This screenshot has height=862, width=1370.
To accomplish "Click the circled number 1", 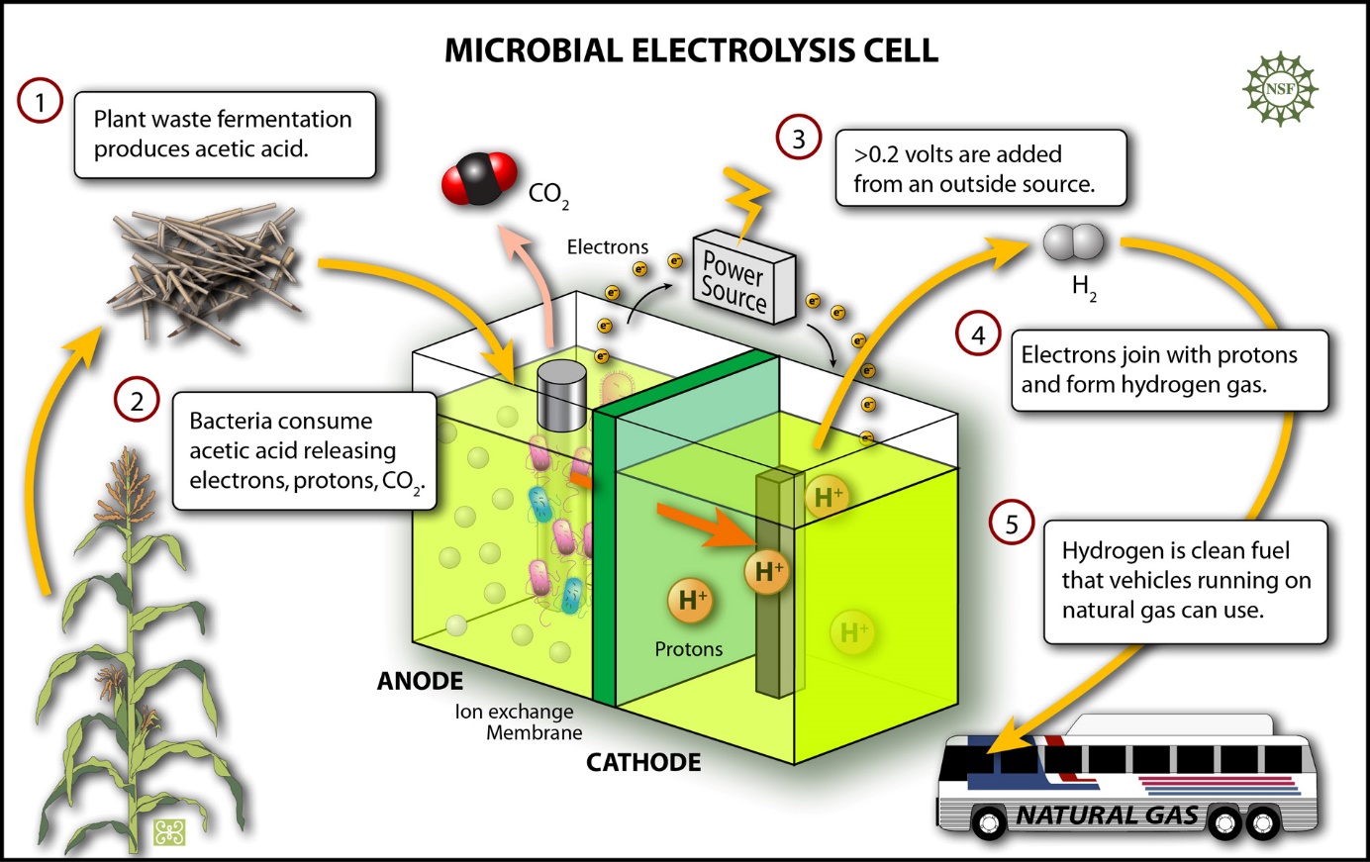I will click(40, 103).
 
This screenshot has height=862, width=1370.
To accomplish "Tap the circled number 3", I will click(799, 138).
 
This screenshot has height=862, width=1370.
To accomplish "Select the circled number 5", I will click(1012, 524).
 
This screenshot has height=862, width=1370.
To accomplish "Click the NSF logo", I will click(1280, 89).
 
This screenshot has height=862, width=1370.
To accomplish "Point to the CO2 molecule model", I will click(480, 179).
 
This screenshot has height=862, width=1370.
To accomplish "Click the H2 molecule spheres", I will click(1073, 242).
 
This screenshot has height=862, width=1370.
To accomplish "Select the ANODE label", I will click(420, 681).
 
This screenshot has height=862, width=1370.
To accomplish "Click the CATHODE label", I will click(643, 762).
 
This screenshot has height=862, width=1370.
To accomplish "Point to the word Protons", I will click(689, 649).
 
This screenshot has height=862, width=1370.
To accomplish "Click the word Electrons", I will click(608, 247).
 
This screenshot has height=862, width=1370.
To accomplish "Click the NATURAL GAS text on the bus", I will click(1108, 815).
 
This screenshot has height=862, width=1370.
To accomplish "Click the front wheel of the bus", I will click(989, 822).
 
